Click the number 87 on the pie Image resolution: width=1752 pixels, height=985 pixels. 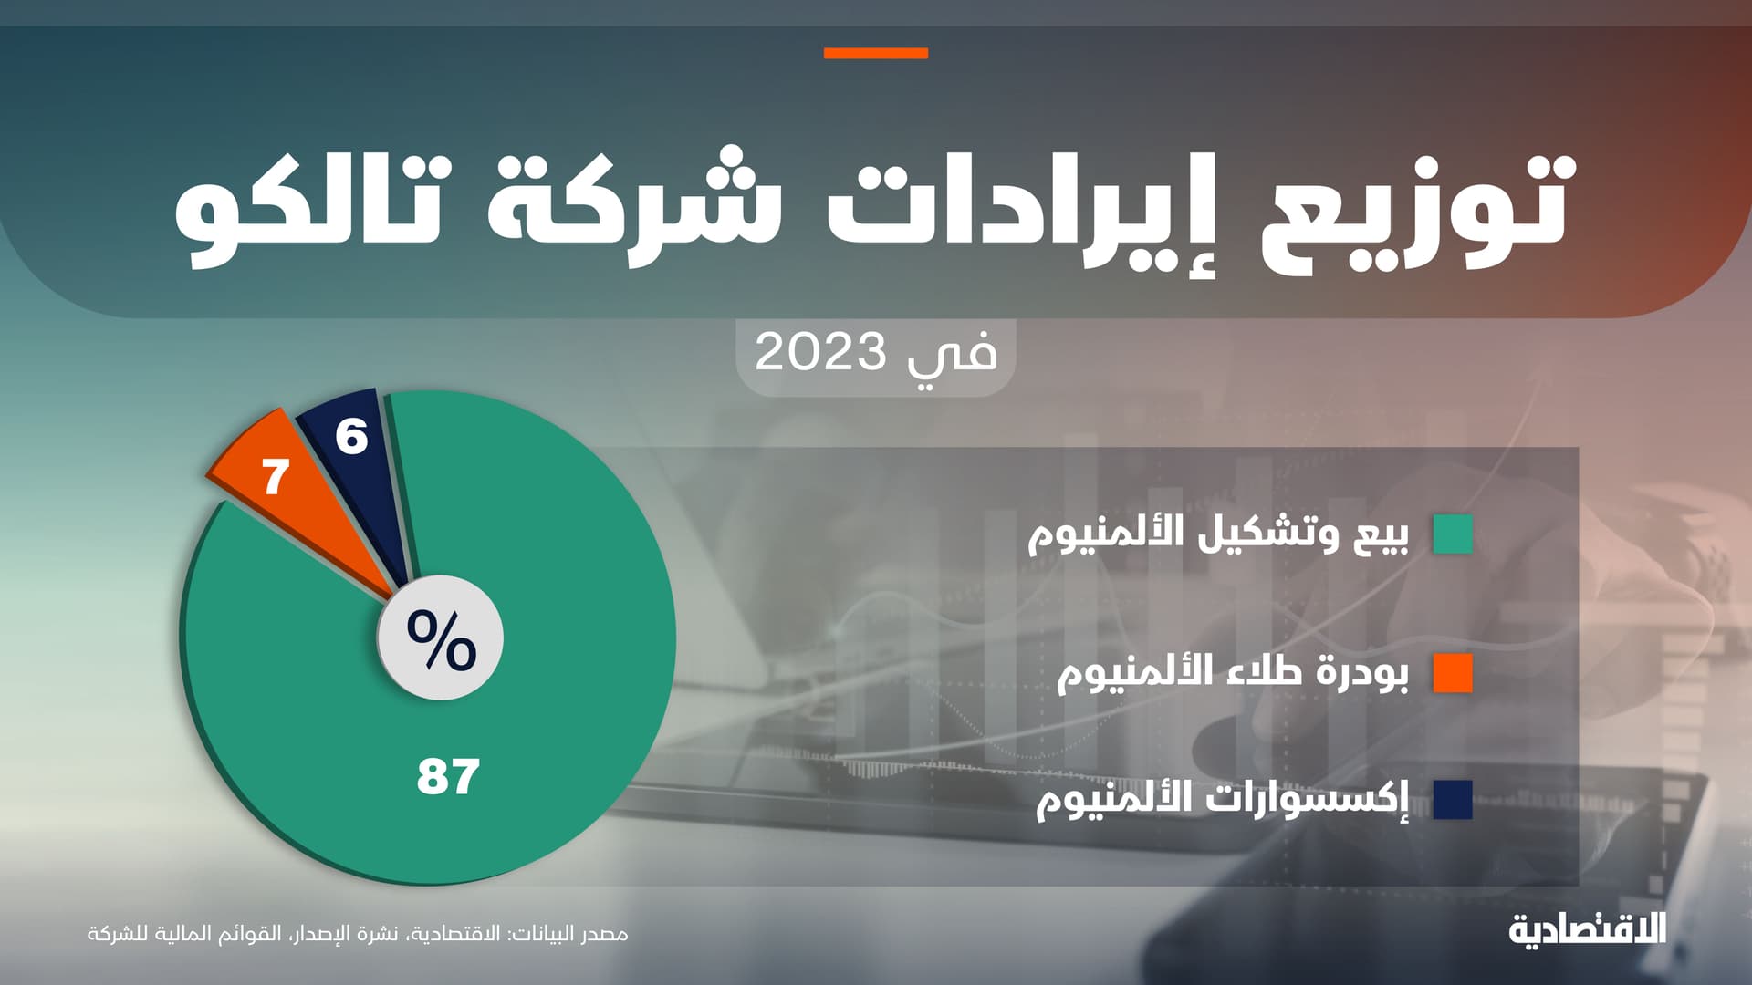(448, 777)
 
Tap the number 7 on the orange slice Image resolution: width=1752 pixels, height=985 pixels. (276, 477)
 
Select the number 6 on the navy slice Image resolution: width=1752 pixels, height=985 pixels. (351, 437)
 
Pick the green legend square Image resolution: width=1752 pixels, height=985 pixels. (1453, 534)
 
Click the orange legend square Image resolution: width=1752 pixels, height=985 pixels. (1453, 673)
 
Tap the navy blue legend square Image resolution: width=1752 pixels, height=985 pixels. (1453, 800)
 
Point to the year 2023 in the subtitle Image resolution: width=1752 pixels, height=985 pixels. (820, 352)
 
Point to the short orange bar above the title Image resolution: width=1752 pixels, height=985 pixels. (875, 54)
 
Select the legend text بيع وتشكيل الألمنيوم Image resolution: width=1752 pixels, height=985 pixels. (1218, 534)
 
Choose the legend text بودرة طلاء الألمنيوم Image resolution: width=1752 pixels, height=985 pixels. (1233, 673)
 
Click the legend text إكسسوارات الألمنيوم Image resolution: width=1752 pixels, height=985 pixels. (1222, 800)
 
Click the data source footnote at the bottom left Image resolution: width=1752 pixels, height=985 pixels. (358, 935)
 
